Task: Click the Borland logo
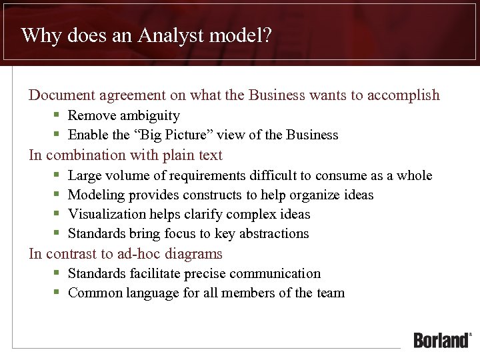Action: [442, 339]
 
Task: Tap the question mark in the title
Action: [267, 35]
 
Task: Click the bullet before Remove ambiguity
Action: [58, 115]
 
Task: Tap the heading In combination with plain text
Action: [125, 155]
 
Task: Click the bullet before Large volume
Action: [58, 175]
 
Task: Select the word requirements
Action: [207, 175]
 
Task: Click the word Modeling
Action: [97, 195]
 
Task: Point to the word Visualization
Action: [107, 214]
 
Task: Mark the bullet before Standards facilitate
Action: [58, 273]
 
